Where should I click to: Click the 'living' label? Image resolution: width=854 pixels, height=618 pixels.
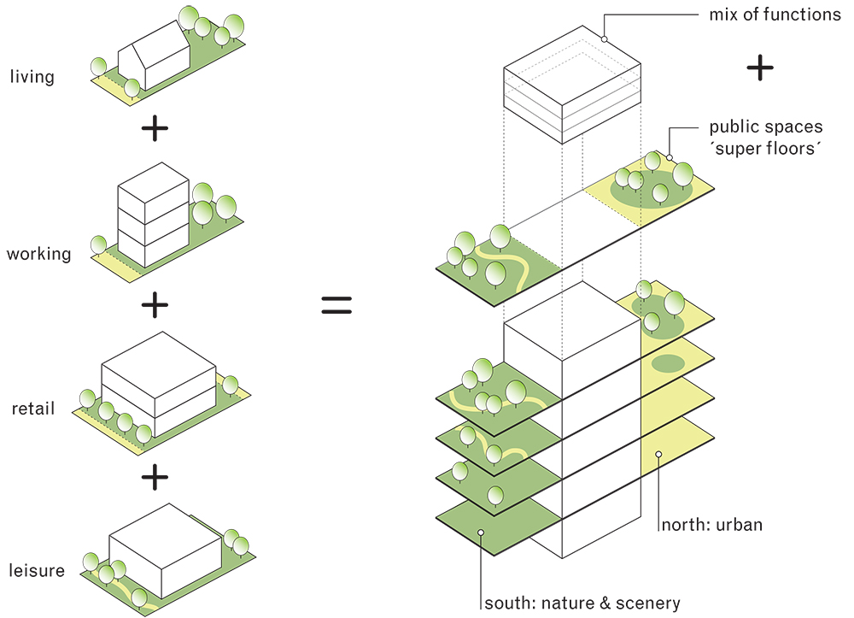[32, 77]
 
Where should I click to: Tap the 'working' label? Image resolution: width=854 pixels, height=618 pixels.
[38, 254]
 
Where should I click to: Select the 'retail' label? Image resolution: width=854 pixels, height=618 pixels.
[33, 409]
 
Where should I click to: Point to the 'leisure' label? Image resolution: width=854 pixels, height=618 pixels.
[37, 571]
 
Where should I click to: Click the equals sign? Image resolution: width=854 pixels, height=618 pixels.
[336, 305]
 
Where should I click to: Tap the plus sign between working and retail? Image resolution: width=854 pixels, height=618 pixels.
[155, 305]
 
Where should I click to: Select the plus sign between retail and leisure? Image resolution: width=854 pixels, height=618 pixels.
[155, 478]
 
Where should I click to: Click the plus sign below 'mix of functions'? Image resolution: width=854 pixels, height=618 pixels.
[760, 68]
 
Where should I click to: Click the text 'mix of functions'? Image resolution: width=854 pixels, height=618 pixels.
[775, 15]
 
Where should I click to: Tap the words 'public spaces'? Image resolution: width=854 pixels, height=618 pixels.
[766, 127]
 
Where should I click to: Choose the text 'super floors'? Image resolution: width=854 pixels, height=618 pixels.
[764, 148]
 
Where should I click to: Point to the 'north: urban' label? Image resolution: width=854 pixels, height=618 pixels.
[712, 525]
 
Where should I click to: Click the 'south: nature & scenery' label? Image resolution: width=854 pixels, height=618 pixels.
[582, 603]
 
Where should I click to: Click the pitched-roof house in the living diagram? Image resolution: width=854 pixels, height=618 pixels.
[154, 56]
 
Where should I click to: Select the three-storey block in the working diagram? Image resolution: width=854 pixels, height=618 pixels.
[154, 215]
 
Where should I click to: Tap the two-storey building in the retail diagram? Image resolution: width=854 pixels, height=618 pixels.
[159, 385]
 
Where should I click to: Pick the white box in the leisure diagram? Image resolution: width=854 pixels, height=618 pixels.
[166, 551]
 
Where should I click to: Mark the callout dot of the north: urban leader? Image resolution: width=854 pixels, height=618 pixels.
[658, 454]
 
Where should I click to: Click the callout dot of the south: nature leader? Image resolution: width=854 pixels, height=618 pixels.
[481, 533]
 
